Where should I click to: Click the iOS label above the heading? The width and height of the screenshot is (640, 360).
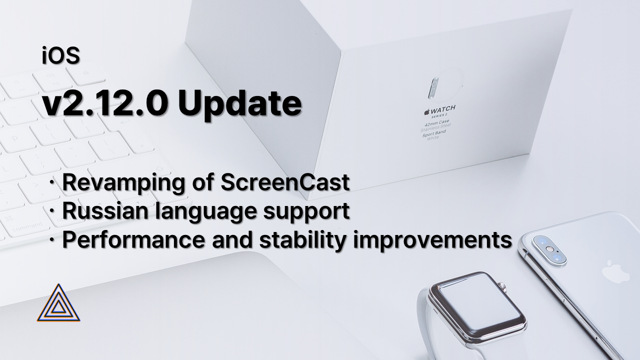(61, 56)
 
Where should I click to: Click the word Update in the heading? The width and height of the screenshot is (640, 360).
(239, 103)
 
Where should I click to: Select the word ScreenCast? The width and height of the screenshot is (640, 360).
(285, 183)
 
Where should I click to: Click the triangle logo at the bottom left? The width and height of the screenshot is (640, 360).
(58, 303)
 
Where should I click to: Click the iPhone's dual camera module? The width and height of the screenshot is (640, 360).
(549, 249)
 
